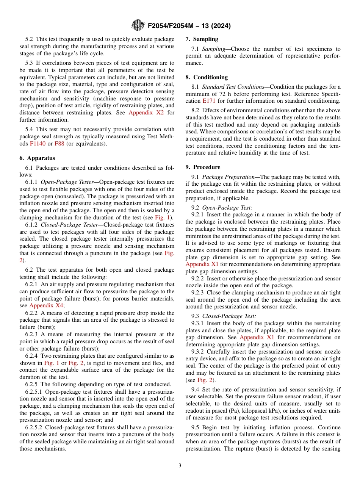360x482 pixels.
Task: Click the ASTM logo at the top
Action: click(137, 26)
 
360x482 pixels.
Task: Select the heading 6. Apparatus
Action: click(37, 158)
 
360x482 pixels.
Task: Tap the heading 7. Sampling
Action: click(202, 39)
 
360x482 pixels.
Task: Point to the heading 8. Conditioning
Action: click(207, 77)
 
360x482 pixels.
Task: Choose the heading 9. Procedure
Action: click(203, 167)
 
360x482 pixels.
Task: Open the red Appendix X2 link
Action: click(146, 113)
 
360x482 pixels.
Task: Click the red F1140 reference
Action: click(37, 144)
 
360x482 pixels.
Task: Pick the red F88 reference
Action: click(59, 144)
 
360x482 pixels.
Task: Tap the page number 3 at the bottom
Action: click(180, 466)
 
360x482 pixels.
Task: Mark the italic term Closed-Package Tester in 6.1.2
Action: click(69, 225)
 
